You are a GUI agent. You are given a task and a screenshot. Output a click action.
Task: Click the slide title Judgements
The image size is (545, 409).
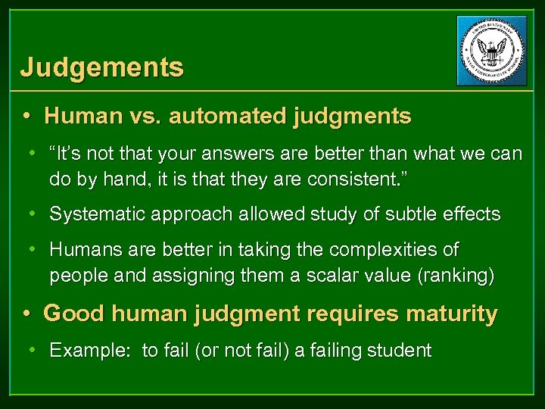click(x=101, y=68)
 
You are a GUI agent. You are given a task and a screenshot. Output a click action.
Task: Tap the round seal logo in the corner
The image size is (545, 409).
click(x=492, y=50)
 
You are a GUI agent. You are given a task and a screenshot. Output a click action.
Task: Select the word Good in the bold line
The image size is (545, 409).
click(x=70, y=313)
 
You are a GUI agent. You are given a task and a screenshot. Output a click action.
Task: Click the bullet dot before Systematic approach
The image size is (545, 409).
click(x=34, y=214)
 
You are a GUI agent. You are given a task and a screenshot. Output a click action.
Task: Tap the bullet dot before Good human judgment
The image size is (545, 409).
click(x=27, y=313)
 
